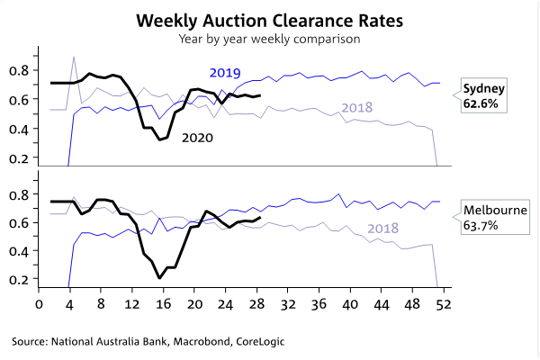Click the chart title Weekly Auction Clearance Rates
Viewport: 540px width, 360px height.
(269, 20)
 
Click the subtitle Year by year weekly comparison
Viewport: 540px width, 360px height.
(269, 39)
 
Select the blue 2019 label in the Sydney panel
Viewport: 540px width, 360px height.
(226, 72)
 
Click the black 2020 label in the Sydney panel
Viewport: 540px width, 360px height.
(198, 138)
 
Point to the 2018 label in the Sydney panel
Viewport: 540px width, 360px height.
(357, 109)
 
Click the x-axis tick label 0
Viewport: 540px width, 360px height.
(38, 304)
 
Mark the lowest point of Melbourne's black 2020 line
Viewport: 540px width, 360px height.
(159, 278)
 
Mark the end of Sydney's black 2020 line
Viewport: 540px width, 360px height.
(260, 95)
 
